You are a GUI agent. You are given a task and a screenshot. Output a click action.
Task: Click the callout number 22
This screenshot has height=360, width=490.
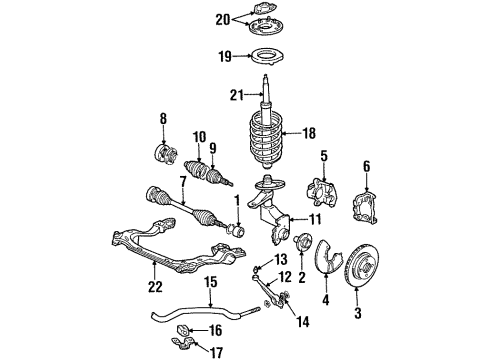coord(155,287)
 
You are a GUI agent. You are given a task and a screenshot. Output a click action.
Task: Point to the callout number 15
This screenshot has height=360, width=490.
coord(211,282)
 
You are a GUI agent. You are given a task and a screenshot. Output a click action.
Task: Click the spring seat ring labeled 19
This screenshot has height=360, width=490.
coord(266,58)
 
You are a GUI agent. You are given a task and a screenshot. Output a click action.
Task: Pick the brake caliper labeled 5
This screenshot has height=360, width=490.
coord(322,193)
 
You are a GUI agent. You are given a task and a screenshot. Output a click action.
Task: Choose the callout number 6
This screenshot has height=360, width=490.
coord(367,166)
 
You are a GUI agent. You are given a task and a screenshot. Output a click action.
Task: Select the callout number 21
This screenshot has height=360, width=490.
coord(237,96)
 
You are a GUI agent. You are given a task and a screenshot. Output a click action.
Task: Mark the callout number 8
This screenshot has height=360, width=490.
coord(163,119)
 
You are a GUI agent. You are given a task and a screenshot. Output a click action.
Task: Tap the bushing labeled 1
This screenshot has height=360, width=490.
coord(236,231)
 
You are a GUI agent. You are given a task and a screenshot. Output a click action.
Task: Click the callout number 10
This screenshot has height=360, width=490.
coord(199,137)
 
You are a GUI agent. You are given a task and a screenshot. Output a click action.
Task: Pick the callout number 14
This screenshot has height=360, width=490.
coord(302,322)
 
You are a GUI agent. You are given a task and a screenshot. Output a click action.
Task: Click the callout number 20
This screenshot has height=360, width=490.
coord(223,20)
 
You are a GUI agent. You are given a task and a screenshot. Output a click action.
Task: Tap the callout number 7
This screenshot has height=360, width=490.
coord(183,183)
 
